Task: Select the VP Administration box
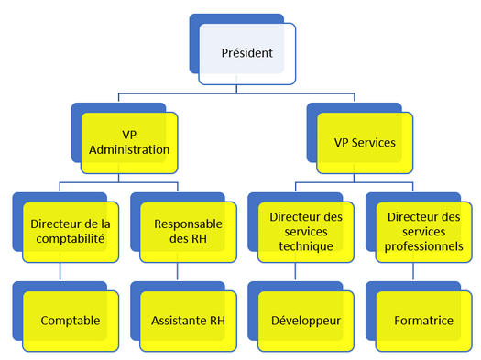[128, 142]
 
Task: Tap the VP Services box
[365, 142]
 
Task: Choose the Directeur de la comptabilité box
[70, 231]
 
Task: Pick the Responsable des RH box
[187, 231]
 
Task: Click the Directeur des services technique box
[305, 231]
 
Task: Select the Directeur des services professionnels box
[423, 231]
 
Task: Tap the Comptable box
[70, 322]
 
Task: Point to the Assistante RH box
[187, 322]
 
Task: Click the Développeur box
[305, 322]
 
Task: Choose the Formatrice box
[423, 322]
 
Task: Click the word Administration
[128, 149]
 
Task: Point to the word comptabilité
[70, 239]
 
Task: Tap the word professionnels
[424, 247]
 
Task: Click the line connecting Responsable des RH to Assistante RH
[178, 272]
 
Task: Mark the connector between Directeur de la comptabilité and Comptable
[60, 272]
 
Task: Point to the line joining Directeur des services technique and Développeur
[295, 272]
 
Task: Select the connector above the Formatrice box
[413, 272]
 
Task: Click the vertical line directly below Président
[237, 88]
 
